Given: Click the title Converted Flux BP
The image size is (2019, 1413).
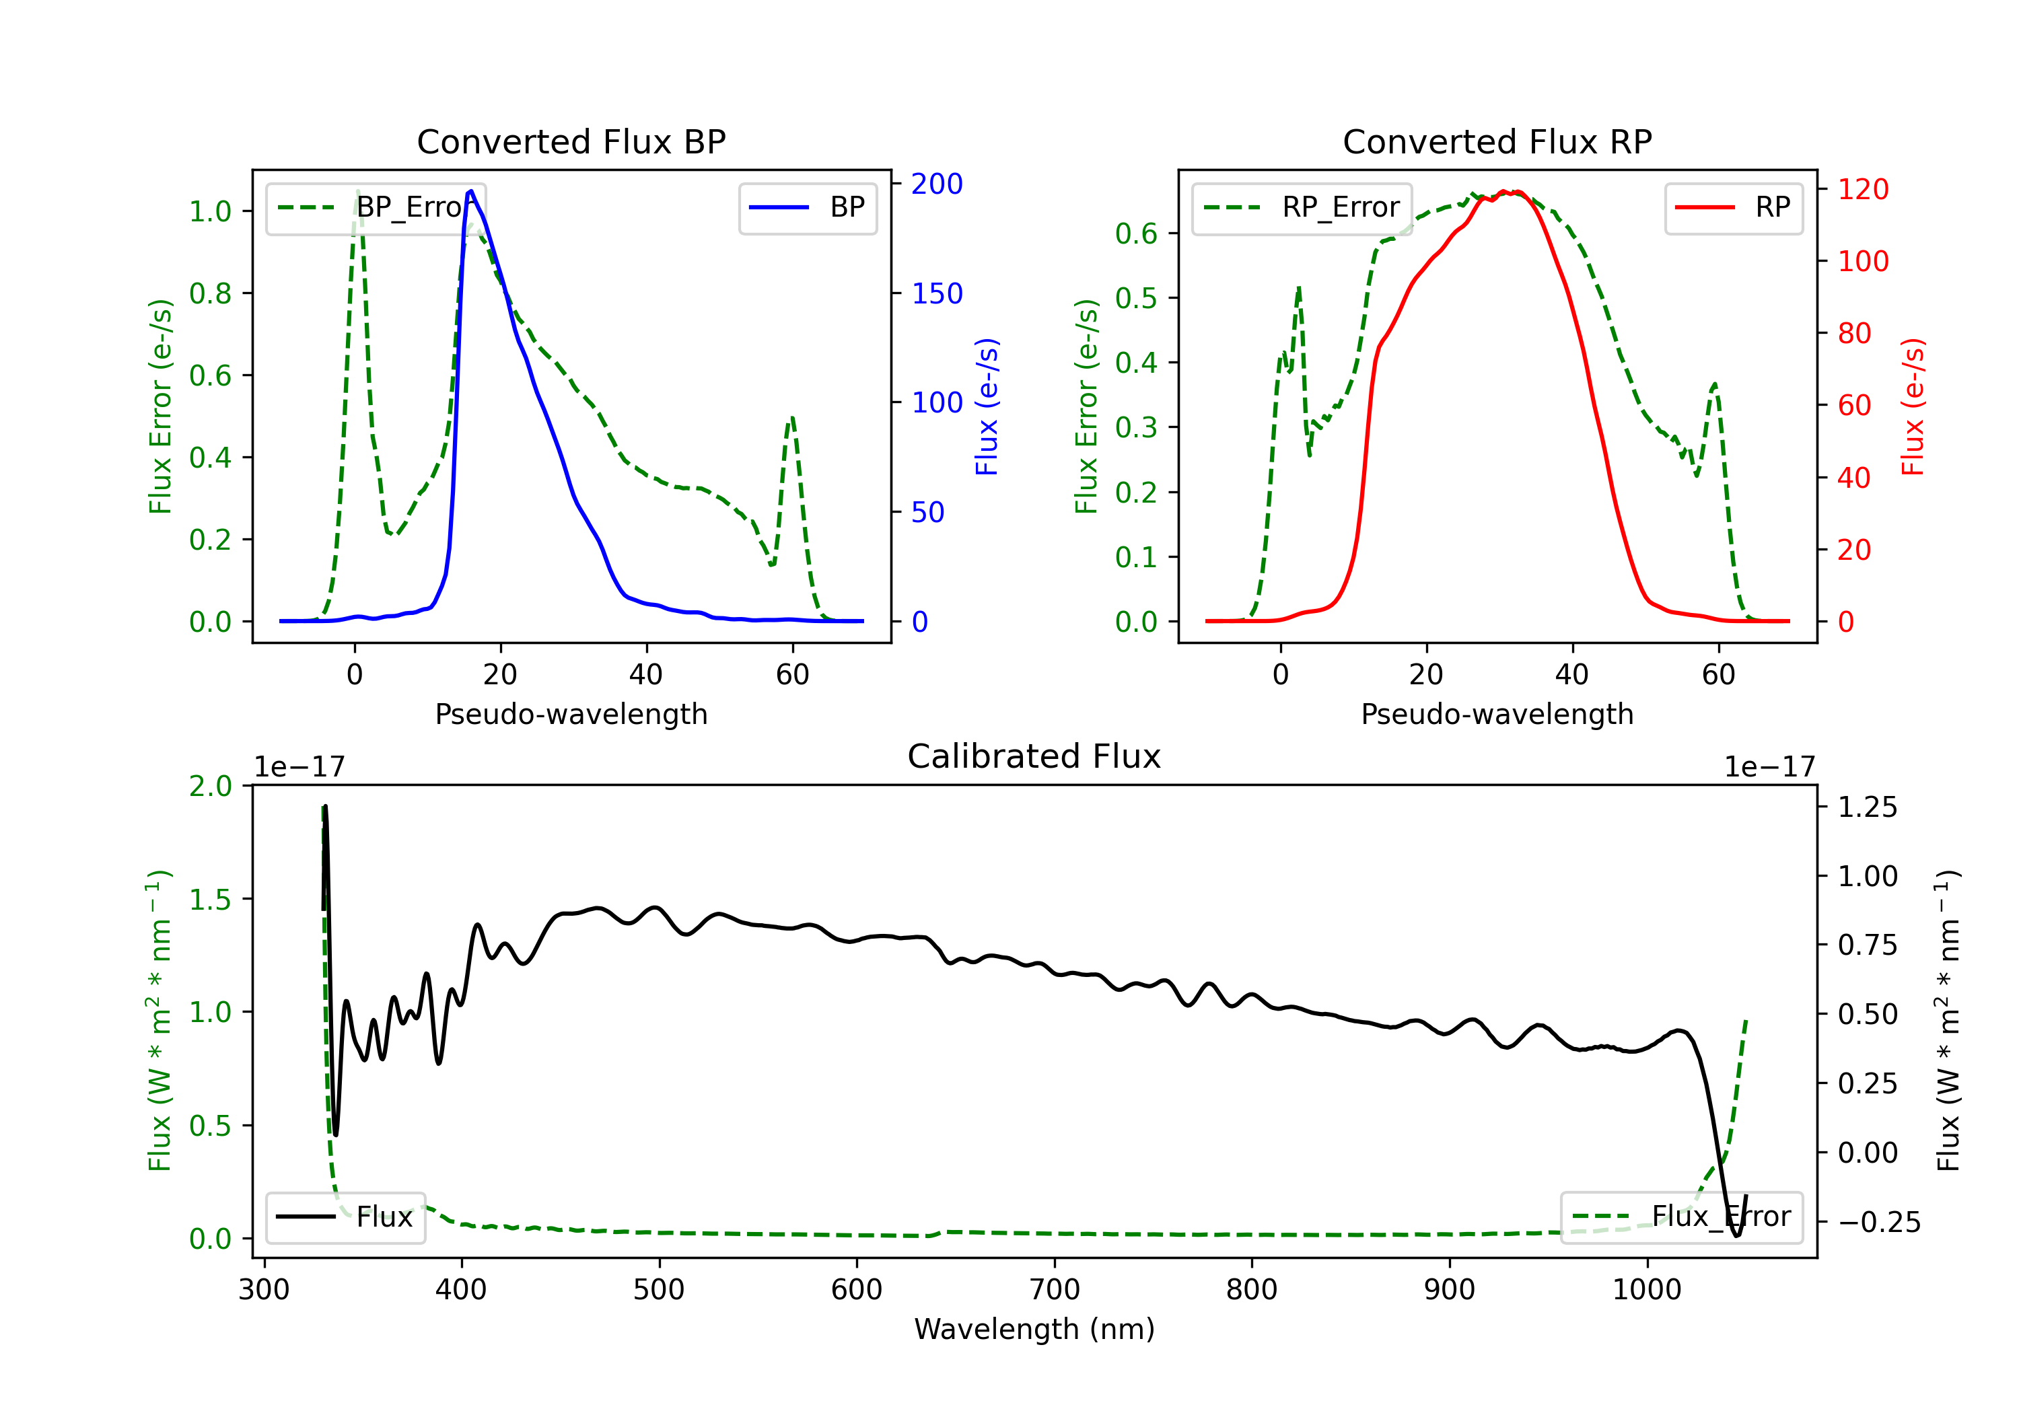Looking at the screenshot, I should click(571, 141).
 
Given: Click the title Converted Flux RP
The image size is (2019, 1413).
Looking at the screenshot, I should click(1497, 141).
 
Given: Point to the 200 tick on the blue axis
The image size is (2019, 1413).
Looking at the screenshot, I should click(937, 184).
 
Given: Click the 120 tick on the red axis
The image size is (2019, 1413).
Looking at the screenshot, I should click(1862, 189).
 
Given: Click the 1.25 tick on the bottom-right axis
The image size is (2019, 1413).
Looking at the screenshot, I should click(1867, 807).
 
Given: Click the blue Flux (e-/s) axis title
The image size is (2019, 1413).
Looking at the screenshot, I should click(987, 406).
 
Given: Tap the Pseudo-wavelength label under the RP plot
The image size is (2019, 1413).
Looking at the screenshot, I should click(1497, 714).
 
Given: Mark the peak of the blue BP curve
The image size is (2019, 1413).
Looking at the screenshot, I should click(471, 191).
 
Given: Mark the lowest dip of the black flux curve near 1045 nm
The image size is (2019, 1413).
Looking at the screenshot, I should click(1737, 1235).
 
